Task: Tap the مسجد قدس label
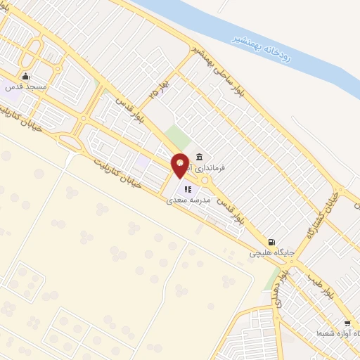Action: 27,86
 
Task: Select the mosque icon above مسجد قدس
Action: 27,77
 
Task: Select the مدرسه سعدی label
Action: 186,200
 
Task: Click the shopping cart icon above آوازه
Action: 347,323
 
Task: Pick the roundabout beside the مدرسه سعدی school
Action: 205,181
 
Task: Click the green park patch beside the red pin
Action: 181,139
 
